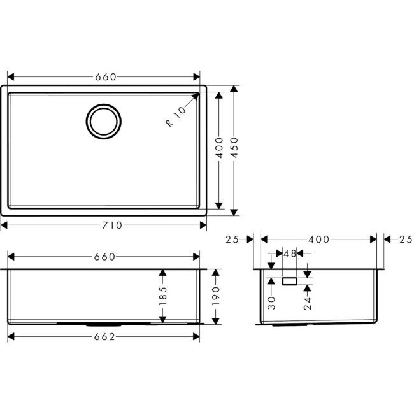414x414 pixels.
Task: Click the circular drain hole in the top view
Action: (x=103, y=120)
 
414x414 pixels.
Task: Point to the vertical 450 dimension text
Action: (x=234, y=148)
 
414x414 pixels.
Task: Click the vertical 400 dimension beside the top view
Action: (x=218, y=148)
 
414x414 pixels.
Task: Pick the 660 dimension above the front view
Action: (x=104, y=257)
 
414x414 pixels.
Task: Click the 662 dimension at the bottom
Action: (x=104, y=337)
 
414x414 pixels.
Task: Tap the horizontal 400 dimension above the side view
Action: (x=318, y=239)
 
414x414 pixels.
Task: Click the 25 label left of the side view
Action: (x=232, y=239)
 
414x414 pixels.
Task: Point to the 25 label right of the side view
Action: (x=405, y=239)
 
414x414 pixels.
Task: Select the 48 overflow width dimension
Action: (x=289, y=253)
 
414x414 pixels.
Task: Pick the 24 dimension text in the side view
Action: (x=307, y=303)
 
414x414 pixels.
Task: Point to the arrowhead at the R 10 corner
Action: (x=197, y=95)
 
